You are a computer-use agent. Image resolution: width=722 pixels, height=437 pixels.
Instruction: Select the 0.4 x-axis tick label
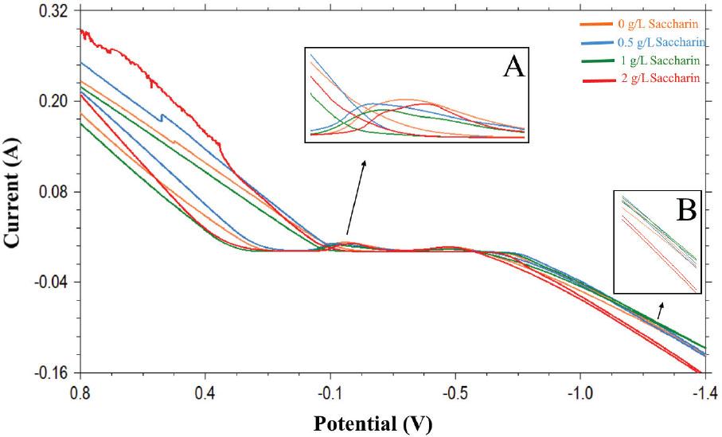205,392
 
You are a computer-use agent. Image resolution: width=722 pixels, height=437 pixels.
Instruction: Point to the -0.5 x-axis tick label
455,392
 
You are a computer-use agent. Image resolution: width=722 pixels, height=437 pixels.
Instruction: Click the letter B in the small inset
685,209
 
